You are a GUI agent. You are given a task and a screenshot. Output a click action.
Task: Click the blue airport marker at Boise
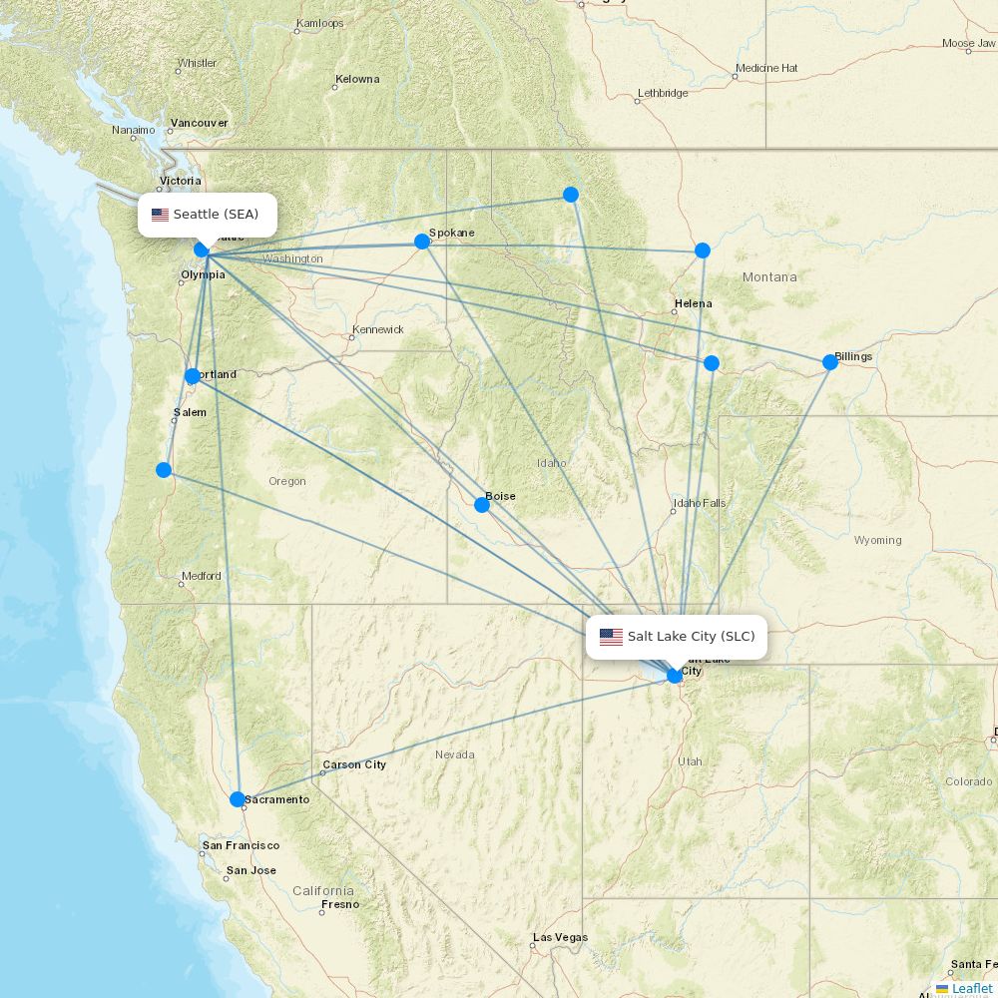pyautogui.click(x=482, y=505)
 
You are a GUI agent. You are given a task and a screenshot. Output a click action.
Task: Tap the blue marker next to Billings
pyautogui.click(x=830, y=362)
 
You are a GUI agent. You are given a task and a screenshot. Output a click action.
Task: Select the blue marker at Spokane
pyautogui.click(x=422, y=242)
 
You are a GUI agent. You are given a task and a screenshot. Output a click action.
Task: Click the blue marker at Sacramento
pyautogui.click(x=238, y=799)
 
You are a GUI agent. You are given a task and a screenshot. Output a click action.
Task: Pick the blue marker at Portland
pyautogui.click(x=193, y=376)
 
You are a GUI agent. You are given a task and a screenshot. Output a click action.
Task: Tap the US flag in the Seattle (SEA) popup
pyautogui.click(x=160, y=215)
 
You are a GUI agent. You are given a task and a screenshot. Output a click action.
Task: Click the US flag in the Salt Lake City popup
pyautogui.click(x=611, y=637)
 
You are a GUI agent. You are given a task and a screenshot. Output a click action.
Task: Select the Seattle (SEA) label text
pyautogui.click(x=216, y=215)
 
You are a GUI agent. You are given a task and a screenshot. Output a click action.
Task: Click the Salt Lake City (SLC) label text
pyautogui.click(x=691, y=637)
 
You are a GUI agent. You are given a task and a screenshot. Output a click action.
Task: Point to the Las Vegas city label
pyautogui.click(x=560, y=938)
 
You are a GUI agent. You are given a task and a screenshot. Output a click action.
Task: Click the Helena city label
pyautogui.click(x=693, y=303)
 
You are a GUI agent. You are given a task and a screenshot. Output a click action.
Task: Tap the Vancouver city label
pyautogui.click(x=199, y=123)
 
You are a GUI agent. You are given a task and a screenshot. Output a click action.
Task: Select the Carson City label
pyautogui.click(x=353, y=765)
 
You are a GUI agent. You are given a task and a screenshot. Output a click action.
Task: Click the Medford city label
pyautogui.click(x=201, y=577)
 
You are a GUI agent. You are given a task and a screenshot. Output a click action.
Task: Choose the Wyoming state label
pyautogui.click(x=877, y=541)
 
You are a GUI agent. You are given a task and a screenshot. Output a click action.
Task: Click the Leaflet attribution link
pyautogui.click(x=971, y=988)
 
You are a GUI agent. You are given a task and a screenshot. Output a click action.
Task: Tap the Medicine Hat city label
pyautogui.click(x=765, y=68)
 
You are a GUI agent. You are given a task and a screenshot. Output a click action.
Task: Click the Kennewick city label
pyautogui.click(x=377, y=329)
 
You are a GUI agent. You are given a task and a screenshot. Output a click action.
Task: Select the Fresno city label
pyautogui.click(x=339, y=905)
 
